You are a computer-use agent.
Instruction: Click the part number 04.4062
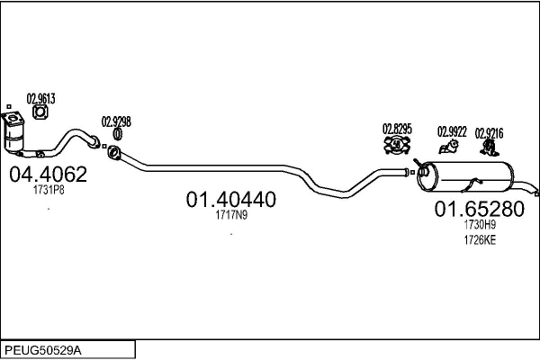pyautogui.click(x=49, y=175)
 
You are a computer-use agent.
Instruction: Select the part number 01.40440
pyautogui.click(x=231, y=200)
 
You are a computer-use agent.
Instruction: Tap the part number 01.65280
pyautogui.click(x=480, y=209)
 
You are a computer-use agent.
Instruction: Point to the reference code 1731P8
pyautogui.click(x=49, y=190)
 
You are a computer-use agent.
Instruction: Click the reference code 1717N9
pyautogui.click(x=231, y=215)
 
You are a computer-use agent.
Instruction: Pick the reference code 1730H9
pyautogui.click(x=480, y=225)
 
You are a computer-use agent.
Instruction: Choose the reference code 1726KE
pyautogui.click(x=480, y=240)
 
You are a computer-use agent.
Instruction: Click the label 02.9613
pyautogui.click(x=41, y=99)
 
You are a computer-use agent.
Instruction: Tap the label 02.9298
pyautogui.click(x=116, y=121)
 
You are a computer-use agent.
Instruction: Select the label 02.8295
pyautogui.click(x=397, y=129)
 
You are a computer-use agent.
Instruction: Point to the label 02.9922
pyautogui.click(x=452, y=131)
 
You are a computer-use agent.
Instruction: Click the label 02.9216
pyautogui.click(x=489, y=133)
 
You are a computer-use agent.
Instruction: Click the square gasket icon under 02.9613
pyautogui.click(x=40, y=112)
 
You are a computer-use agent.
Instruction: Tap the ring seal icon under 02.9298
pyautogui.click(x=117, y=134)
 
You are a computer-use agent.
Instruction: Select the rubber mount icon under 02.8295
pyautogui.click(x=397, y=145)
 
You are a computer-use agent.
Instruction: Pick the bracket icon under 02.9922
pyautogui.click(x=449, y=147)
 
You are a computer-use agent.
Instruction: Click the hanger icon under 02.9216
pyautogui.click(x=489, y=147)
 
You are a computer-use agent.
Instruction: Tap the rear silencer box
pyautogui.click(x=465, y=176)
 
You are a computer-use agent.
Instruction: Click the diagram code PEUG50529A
pyautogui.click(x=43, y=351)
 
